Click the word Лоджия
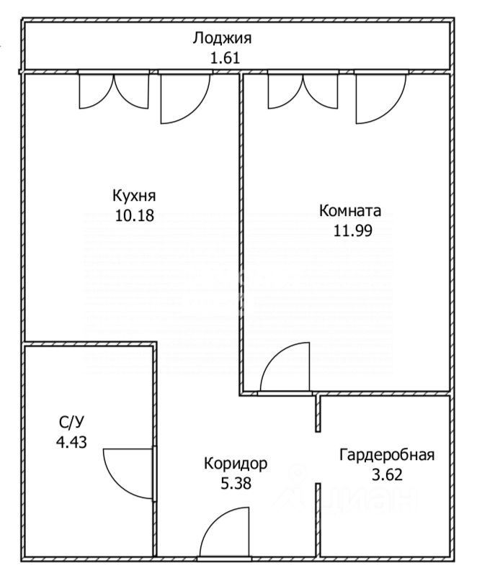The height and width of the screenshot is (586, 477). click(223, 38)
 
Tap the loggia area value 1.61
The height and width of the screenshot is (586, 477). click(223, 57)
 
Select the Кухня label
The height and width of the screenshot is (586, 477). click(134, 196)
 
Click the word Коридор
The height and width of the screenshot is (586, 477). click(235, 464)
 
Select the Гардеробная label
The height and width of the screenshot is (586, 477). click(387, 455)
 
